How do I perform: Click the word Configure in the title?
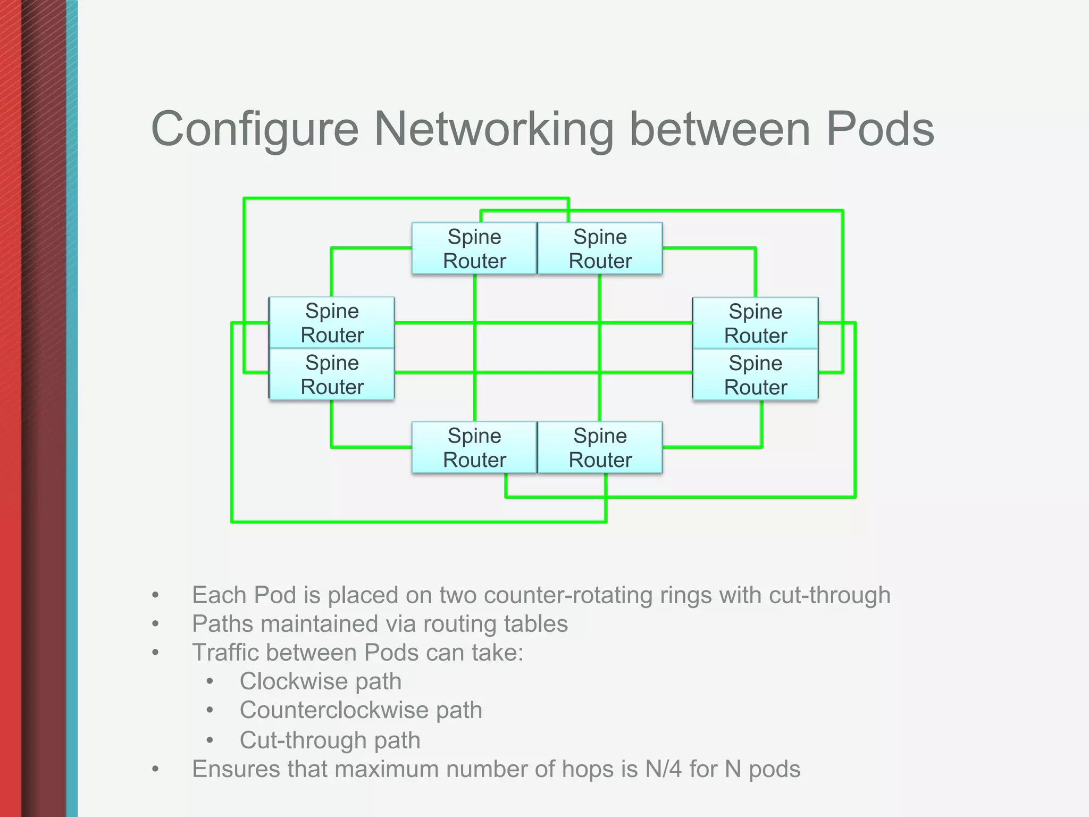click(255, 129)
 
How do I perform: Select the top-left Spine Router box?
click(474, 248)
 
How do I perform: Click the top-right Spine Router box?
click(600, 248)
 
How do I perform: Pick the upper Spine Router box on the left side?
click(332, 323)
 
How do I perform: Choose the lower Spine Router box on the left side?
click(332, 374)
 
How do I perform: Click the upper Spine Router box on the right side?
click(755, 323)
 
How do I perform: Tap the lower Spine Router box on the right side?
click(755, 375)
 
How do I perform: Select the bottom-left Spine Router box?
click(474, 447)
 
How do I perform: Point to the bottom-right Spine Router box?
click(600, 447)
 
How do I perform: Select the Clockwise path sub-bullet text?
click(320, 681)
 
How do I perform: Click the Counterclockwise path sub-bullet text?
click(361, 710)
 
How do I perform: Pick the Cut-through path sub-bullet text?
click(330, 740)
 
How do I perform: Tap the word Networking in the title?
click(494, 129)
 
